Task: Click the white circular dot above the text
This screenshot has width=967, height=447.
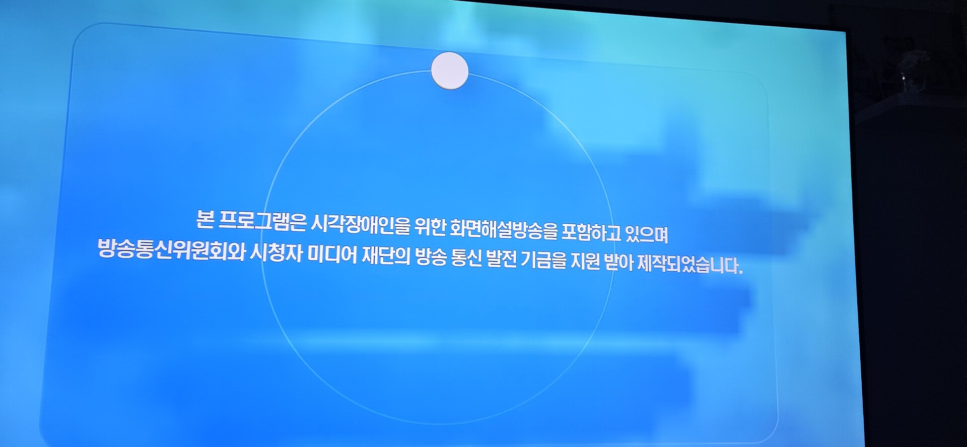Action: point(450,71)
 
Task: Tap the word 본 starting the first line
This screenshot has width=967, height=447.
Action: point(205,219)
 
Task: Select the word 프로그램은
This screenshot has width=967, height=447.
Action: point(263,222)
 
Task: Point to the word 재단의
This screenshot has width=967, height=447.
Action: point(387,256)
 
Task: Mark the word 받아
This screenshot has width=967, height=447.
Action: point(618,264)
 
